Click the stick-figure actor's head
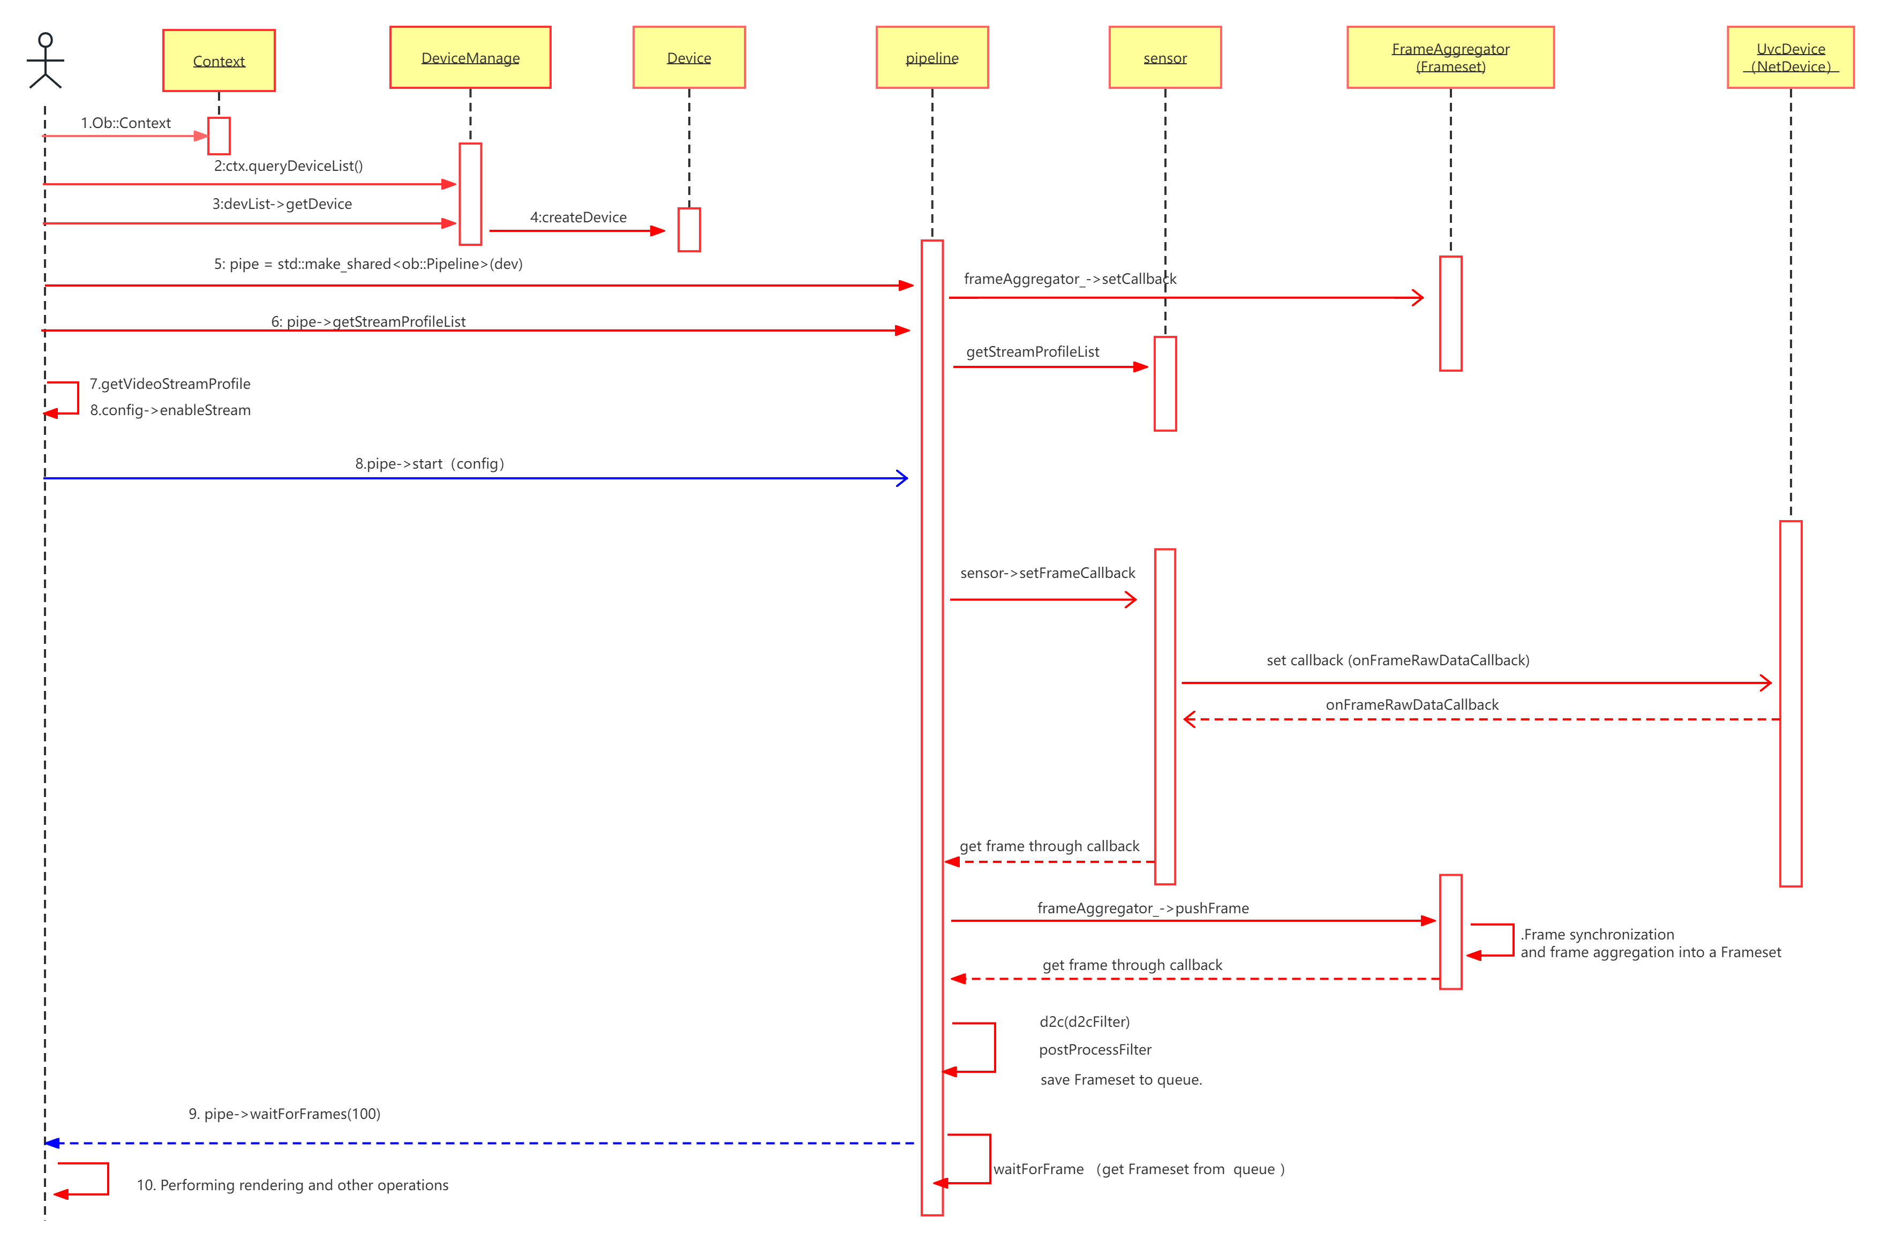coord(46,40)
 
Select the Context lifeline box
coord(219,61)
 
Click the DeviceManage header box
coord(470,57)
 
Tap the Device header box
coord(689,57)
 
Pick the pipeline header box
coord(932,57)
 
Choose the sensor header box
coord(1165,57)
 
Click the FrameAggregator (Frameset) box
coord(1450,57)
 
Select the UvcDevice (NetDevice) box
coord(1790,57)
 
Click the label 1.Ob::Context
coord(126,123)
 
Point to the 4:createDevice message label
coord(578,217)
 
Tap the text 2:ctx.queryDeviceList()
coord(288,166)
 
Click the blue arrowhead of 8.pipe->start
coord(902,478)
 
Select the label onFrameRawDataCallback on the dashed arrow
coord(1411,704)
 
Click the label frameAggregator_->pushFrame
coord(1142,908)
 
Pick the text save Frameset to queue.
coord(1120,1079)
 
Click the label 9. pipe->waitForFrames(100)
coord(284,1114)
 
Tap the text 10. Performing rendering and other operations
coord(292,1185)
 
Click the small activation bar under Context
coord(219,136)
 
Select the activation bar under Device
coord(689,229)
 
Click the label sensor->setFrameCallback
coord(1047,573)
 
